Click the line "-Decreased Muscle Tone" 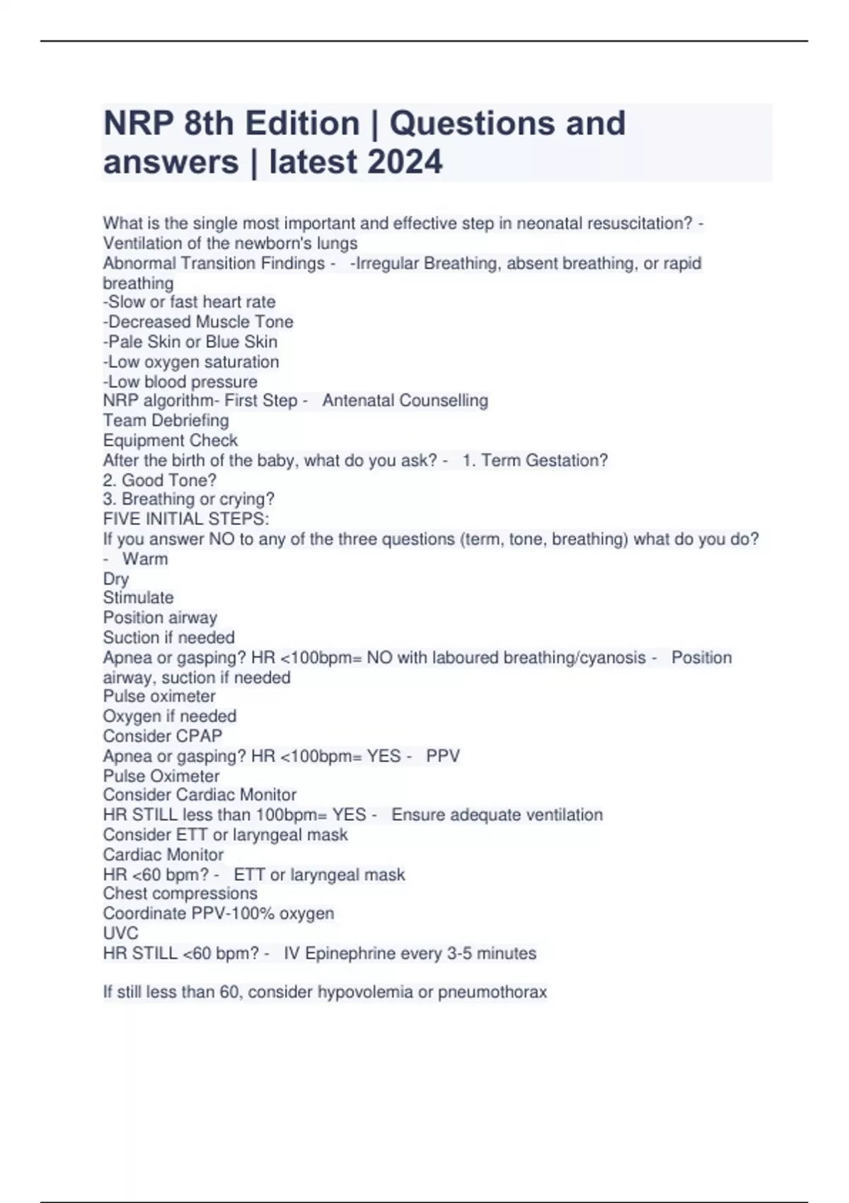[198, 322]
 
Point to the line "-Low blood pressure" [180, 382]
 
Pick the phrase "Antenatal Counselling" [405, 401]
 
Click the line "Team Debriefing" [166, 420]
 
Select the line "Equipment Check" [171, 440]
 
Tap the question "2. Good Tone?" [160, 480]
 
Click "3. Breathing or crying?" [189, 499]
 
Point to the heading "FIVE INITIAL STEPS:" [186, 519]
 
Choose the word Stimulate [139, 597]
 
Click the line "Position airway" [160, 617]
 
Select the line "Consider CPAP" [163, 736]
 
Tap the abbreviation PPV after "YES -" [443, 756]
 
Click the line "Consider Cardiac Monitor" [200, 795]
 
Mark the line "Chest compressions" [180, 893]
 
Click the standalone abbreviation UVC [121, 933]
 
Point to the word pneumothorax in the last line [492, 992]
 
